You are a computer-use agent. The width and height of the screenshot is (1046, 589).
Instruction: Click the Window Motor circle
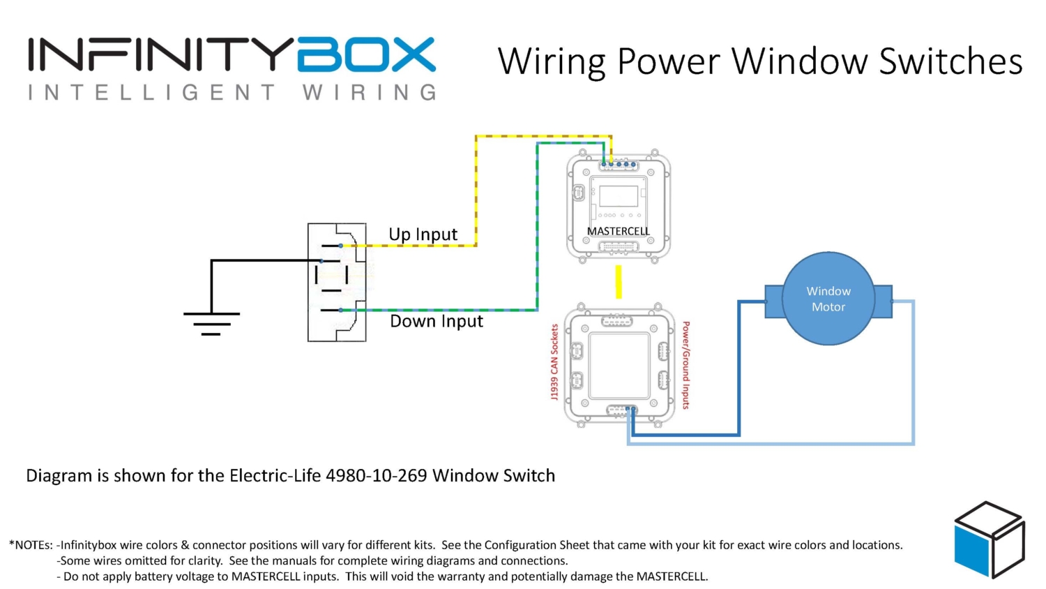(x=828, y=299)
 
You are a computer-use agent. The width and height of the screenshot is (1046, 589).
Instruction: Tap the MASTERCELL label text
(x=618, y=231)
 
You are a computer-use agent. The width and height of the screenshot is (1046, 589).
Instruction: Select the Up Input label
(x=423, y=234)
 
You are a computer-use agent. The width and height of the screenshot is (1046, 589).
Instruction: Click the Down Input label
(x=437, y=321)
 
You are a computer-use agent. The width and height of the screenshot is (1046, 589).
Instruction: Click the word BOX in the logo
(x=365, y=55)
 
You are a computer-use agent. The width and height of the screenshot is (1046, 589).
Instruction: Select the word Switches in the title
(x=950, y=61)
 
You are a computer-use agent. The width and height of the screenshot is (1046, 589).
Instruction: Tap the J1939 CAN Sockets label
(x=555, y=361)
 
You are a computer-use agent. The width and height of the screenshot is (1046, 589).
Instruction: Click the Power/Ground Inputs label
(x=686, y=364)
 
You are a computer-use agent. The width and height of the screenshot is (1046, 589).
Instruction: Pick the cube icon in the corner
(x=989, y=539)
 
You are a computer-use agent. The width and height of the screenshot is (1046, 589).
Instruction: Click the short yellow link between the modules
(x=618, y=281)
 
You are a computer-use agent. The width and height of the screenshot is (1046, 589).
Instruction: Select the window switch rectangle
(x=337, y=282)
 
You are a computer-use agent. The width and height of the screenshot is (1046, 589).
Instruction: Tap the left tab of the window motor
(x=774, y=301)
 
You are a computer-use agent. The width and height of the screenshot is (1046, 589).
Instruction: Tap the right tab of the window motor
(x=883, y=301)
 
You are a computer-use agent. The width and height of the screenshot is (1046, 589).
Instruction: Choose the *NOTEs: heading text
(x=31, y=545)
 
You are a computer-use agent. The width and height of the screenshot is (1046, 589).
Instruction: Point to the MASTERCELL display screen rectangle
(x=619, y=196)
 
